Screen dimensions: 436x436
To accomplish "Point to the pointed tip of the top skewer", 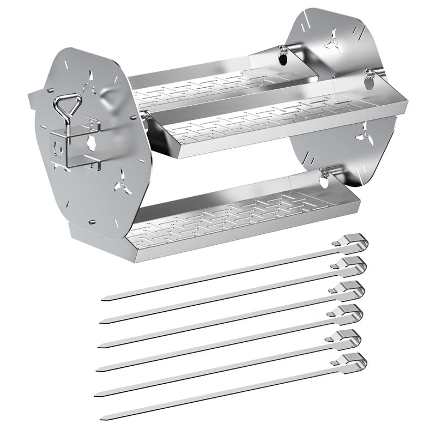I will coord(105,299).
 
